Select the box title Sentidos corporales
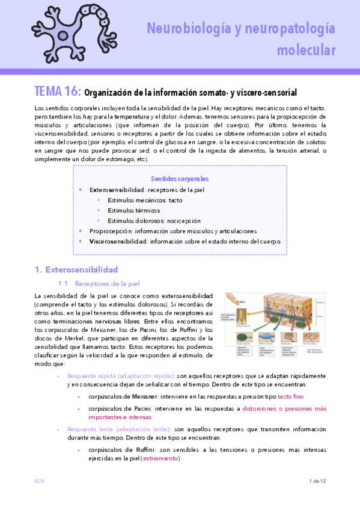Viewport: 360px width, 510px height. coord(180,179)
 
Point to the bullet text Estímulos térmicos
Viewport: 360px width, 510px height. coord(133,210)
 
